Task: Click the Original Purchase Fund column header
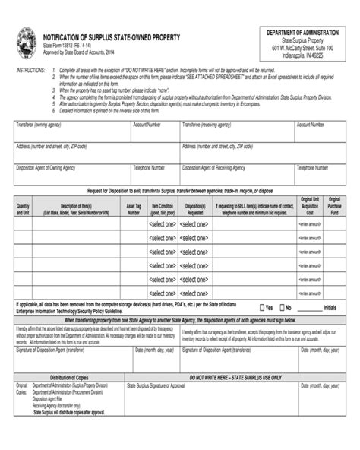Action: coord(333,204)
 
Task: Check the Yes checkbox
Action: coord(261,308)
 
